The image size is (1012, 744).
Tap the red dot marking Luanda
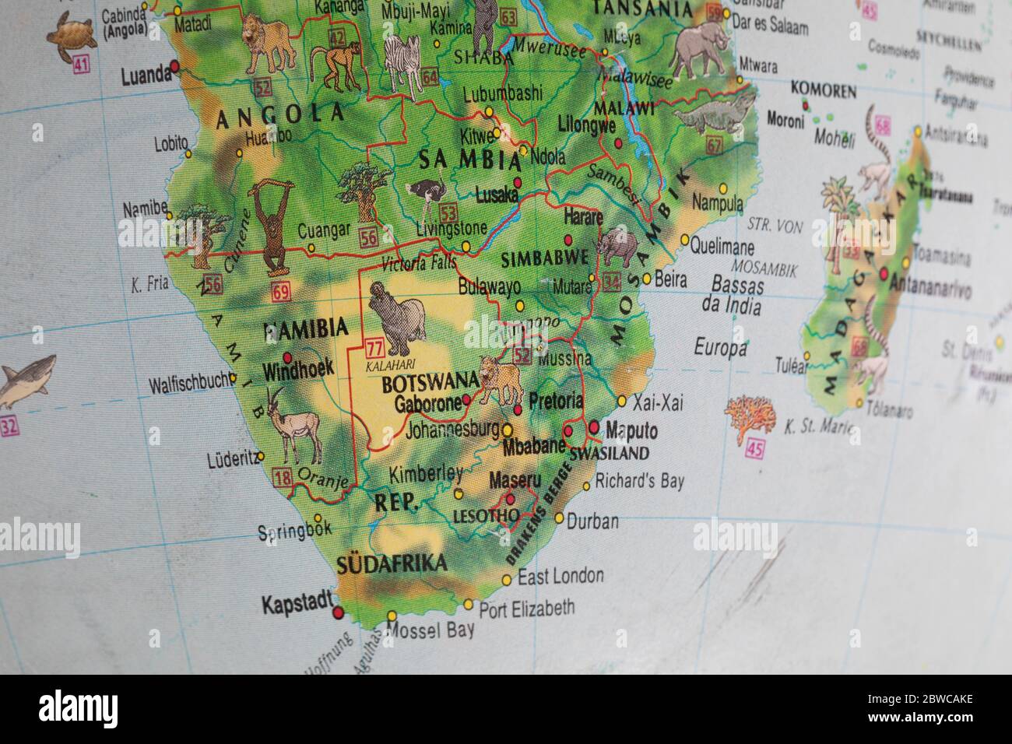click(x=175, y=68)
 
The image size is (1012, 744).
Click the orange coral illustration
click(x=751, y=419)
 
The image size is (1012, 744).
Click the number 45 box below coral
click(x=754, y=447)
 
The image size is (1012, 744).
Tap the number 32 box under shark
click(x=9, y=426)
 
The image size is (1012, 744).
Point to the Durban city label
click(x=592, y=521)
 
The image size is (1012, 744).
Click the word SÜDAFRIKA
click(x=392, y=563)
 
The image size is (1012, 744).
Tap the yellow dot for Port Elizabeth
click(x=469, y=604)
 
